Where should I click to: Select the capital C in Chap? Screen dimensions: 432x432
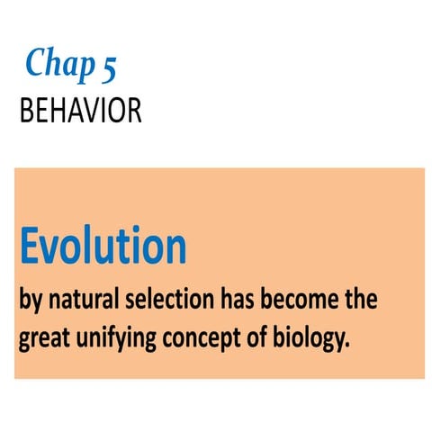point(37,63)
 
